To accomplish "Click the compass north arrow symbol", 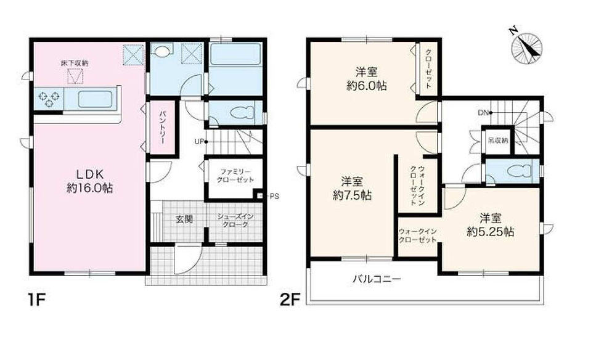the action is pos(526,48).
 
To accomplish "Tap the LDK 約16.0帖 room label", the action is pos(90,181).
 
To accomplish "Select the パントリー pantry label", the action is pos(162,128).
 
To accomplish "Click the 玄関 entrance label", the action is pos(184,219).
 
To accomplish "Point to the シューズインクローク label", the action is pos(235,221).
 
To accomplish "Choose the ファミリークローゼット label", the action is pos(235,175).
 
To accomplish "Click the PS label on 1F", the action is pos(274,196).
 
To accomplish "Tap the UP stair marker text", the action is pos(198,142).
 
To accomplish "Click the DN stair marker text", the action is pos(483,113).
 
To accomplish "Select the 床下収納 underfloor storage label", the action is pos(75,63).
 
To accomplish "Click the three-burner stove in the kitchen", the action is pos(49,98).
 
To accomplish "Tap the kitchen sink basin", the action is pos(95,99).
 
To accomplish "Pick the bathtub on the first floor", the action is pos(235,54).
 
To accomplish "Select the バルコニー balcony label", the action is pos(377,279).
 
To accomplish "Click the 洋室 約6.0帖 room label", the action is pos(366,79).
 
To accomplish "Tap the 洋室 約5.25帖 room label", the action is pos(490,225).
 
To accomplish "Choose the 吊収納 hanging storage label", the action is pos(498,141).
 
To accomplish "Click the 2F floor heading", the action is pos(290,300).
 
